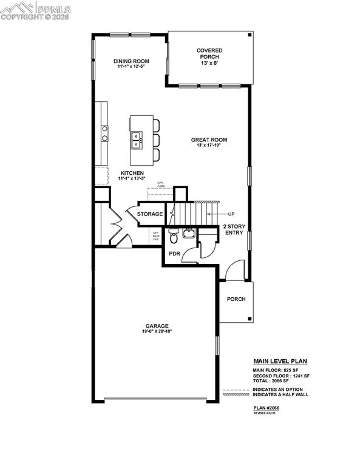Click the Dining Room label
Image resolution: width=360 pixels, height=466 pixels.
[132, 61]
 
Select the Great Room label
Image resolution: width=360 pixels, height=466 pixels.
[208, 140]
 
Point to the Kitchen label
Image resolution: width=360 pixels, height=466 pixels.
[131, 173]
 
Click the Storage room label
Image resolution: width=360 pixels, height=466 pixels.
[149, 214]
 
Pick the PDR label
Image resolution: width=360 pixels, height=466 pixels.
[174, 253]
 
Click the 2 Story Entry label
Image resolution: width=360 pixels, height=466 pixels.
[235, 229]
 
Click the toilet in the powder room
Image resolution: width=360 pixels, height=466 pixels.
[172, 236]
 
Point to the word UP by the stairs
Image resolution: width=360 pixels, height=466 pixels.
[231, 214]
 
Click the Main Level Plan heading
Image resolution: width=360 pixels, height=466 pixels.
[280, 362]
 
